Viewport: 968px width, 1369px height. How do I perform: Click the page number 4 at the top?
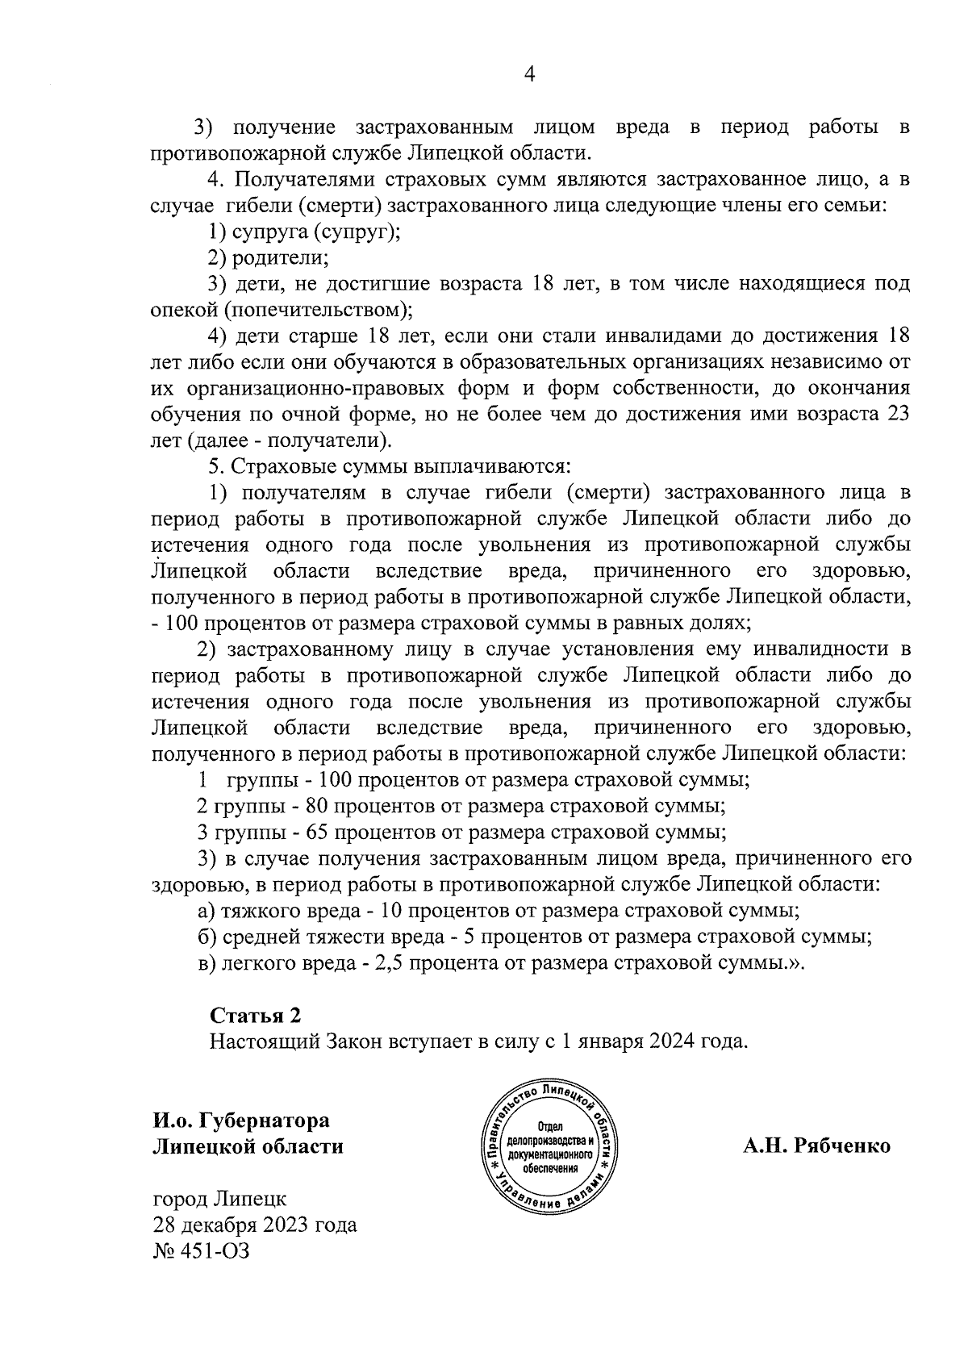(x=530, y=74)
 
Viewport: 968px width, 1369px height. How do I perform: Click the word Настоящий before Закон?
(x=265, y=1041)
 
